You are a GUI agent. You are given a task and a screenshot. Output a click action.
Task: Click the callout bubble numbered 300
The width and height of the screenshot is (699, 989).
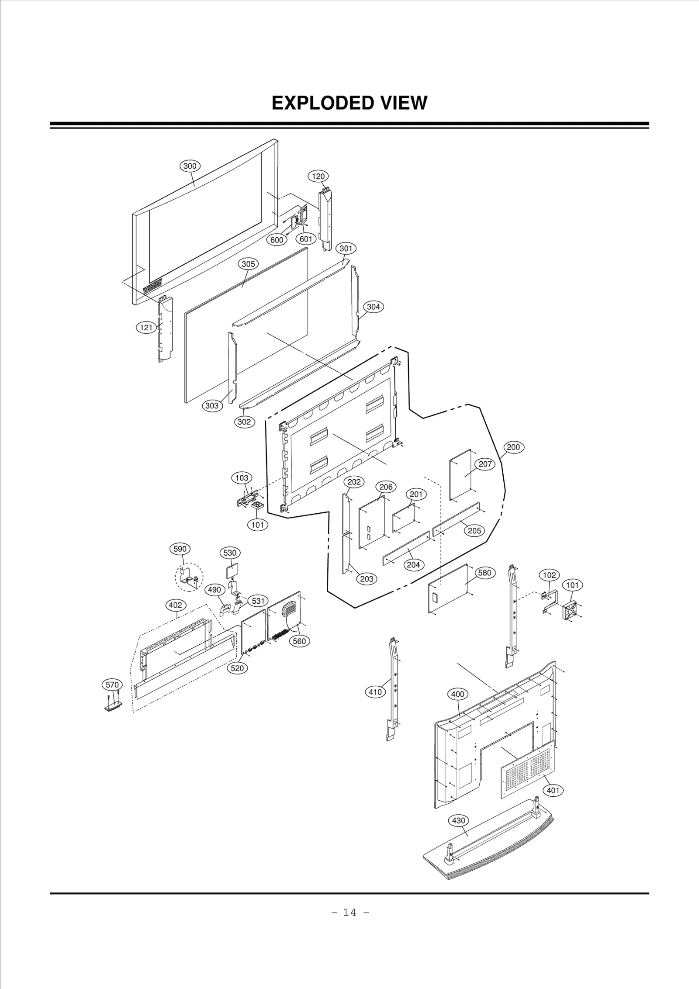pyautogui.click(x=190, y=166)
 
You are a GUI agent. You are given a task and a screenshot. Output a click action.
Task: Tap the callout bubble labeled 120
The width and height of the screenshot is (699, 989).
pyautogui.click(x=318, y=176)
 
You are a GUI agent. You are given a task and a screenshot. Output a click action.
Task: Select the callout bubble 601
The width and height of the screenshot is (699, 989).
pyautogui.click(x=306, y=239)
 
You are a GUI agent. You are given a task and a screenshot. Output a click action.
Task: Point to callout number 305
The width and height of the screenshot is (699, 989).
pyautogui.click(x=248, y=264)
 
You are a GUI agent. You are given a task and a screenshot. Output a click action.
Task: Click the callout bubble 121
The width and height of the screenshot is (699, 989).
pyautogui.click(x=146, y=327)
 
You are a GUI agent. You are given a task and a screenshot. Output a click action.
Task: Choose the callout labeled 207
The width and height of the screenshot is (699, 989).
pyautogui.click(x=485, y=464)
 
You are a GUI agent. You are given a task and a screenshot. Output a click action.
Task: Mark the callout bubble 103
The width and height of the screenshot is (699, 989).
pyautogui.click(x=242, y=478)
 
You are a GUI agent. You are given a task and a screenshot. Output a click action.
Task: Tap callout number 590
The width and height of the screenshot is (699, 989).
pyautogui.click(x=180, y=549)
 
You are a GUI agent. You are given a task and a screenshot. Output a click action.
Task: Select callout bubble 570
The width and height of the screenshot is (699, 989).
pyautogui.click(x=112, y=685)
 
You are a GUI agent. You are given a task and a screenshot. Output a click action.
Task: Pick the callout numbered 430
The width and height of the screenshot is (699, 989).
pyautogui.click(x=458, y=820)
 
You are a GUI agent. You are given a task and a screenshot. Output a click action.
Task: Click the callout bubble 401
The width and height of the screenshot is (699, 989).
pyautogui.click(x=553, y=790)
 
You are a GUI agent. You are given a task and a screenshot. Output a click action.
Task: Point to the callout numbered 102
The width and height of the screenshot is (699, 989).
pyautogui.click(x=549, y=575)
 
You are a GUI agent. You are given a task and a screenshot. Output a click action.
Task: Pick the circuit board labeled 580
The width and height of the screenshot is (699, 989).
pyautogui.click(x=450, y=588)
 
